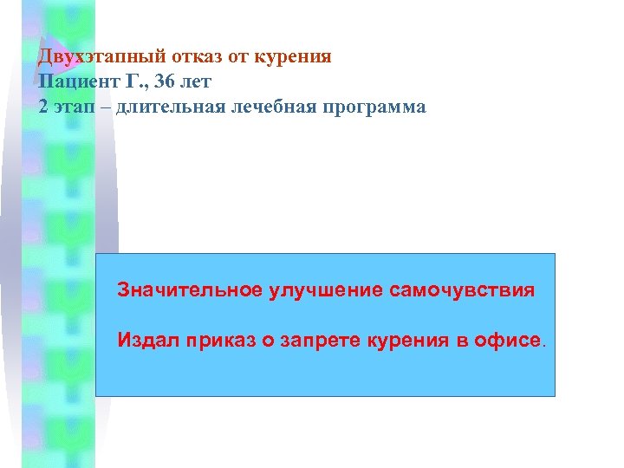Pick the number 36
tap(165, 82)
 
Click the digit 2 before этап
tap(43, 107)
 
